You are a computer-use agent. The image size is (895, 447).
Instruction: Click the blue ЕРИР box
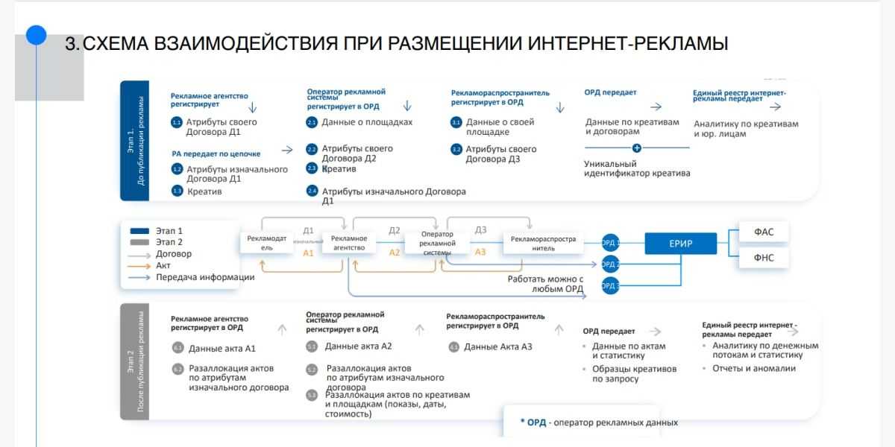point(680,244)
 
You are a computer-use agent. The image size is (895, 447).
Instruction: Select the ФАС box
point(764,232)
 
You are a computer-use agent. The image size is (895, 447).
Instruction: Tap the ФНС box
point(764,258)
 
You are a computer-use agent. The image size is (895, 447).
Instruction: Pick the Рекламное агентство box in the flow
point(348,243)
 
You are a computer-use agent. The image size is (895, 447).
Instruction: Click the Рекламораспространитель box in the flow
point(543,243)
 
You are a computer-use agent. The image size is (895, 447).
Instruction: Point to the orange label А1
point(309,253)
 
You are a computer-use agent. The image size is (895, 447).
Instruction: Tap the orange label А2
point(395,253)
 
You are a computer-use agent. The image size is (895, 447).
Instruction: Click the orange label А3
point(480,252)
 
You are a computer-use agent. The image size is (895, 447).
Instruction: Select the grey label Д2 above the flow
point(395,230)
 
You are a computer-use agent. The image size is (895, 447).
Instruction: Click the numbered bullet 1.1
point(177,121)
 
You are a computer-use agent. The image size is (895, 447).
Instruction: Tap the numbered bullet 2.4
point(312,191)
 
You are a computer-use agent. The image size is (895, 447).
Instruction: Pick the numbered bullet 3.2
point(456,149)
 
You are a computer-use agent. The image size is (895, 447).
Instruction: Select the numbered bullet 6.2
point(178,368)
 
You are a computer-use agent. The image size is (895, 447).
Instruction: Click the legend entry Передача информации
point(205,277)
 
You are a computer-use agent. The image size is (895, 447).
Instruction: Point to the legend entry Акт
point(163,265)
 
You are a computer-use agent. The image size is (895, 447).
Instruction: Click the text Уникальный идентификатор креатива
point(637,168)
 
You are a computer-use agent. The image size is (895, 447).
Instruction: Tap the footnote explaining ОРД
point(598,422)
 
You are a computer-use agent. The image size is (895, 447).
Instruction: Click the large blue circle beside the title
point(36,36)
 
